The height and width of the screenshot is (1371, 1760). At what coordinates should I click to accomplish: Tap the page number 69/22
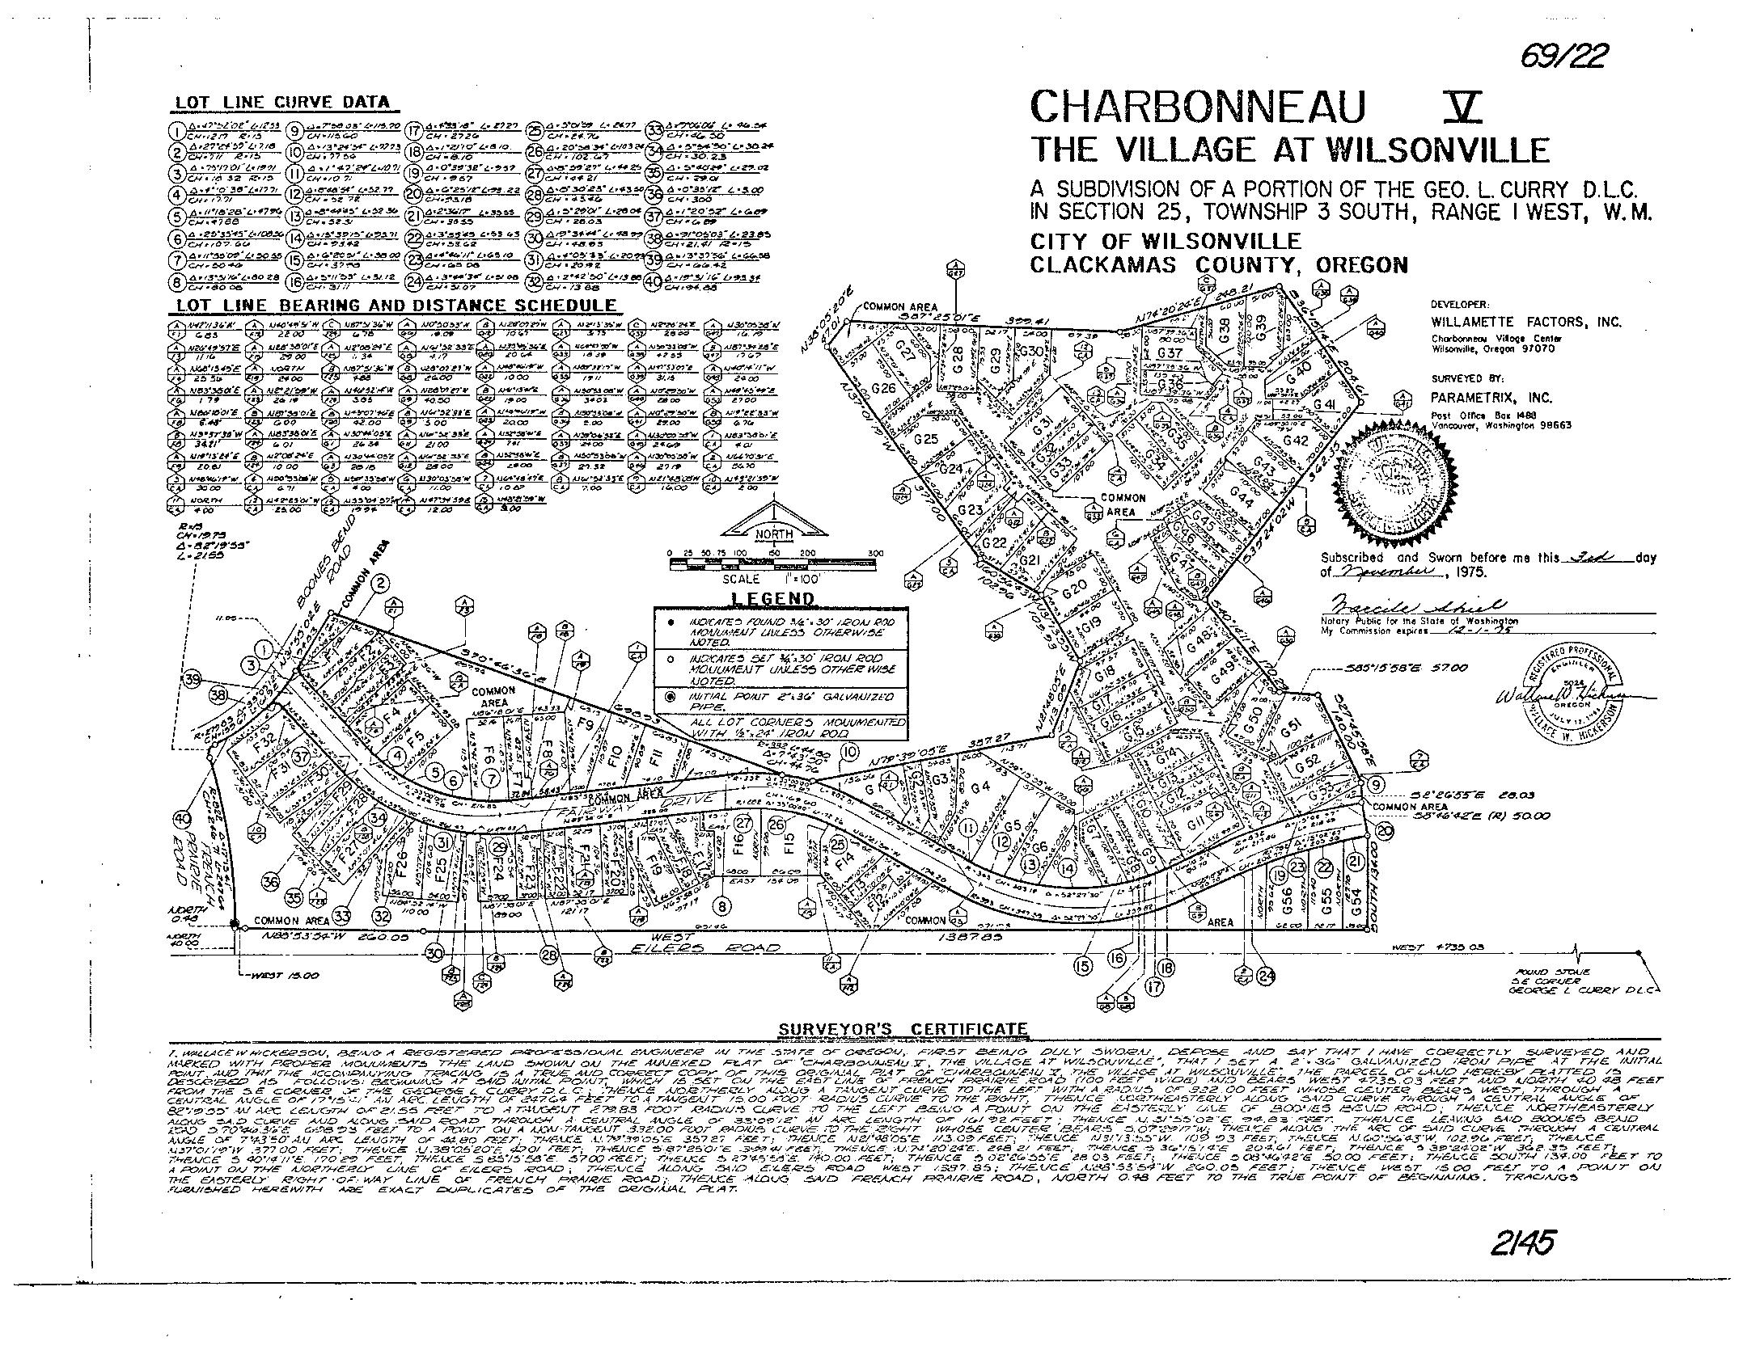1563,57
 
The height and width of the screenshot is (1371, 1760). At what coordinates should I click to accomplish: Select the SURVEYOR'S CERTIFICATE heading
903,1029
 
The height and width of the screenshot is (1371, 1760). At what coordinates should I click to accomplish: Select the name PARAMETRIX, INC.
1491,398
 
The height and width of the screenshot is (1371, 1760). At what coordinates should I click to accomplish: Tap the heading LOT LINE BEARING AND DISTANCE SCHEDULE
396,306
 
